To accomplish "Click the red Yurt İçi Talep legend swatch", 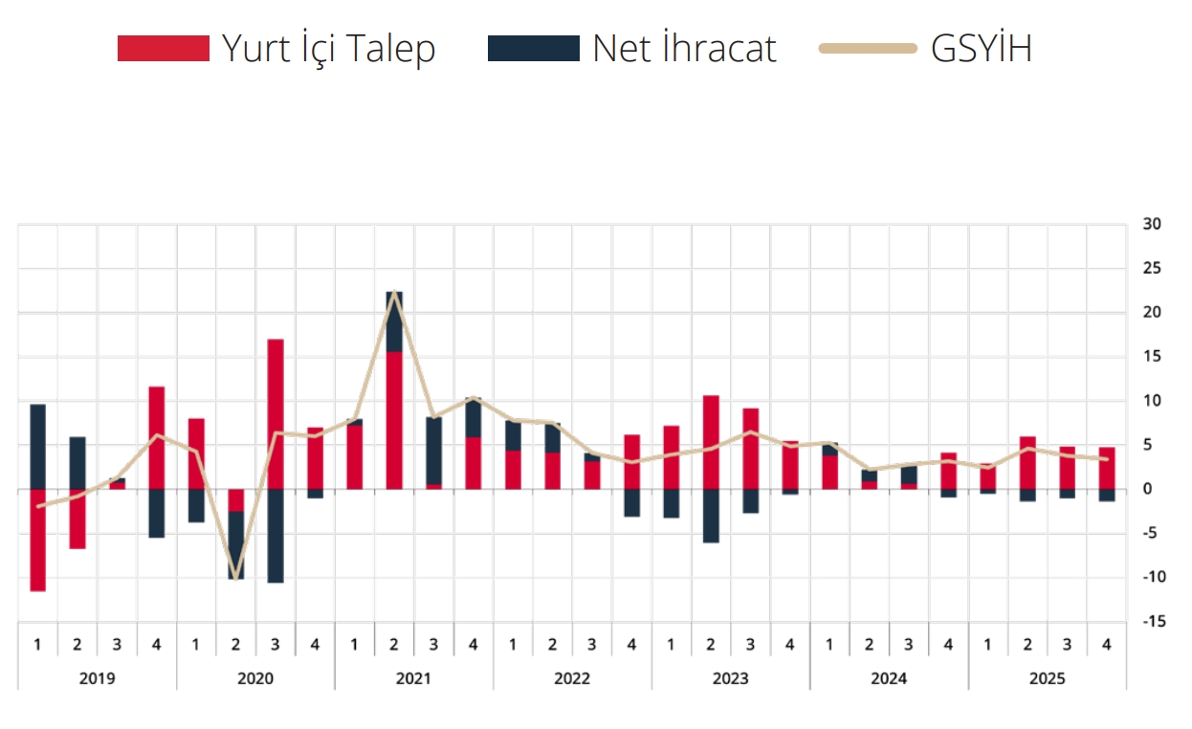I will tap(163, 49).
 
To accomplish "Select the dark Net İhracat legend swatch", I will tap(533, 49).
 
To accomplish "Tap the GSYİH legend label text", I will tap(981, 49).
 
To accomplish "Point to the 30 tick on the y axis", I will tap(1151, 225).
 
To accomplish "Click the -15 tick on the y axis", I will tap(1151, 622).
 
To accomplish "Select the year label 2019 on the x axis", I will tap(97, 678).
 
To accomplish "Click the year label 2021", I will tap(413, 678).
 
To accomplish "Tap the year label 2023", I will tap(730, 678).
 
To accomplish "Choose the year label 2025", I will tap(1047, 678).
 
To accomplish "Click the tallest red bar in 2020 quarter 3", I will tap(276, 413).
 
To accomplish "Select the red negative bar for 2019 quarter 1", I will tap(37, 541).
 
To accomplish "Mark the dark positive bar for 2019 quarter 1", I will tap(37, 447).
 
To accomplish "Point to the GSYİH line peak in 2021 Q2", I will tap(394, 292).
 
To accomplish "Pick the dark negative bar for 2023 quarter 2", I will tap(711, 516).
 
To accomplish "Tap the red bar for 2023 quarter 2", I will tap(711, 442).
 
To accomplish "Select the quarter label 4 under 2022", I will tap(631, 644).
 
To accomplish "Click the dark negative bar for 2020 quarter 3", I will tap(276, 536).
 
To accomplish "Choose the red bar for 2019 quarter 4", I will tap(157, 437).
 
